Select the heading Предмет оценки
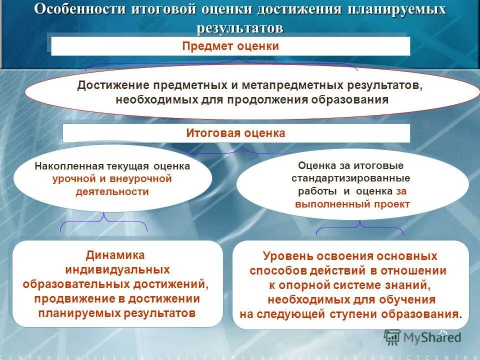(230, 46)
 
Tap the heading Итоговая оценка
(235, 133)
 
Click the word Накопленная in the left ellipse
(69, 166)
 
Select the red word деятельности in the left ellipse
(112, 191)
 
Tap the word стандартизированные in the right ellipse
(351, 178)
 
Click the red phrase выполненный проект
(352, 204)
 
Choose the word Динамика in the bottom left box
(115, 255)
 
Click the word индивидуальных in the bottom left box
(117, 269)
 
